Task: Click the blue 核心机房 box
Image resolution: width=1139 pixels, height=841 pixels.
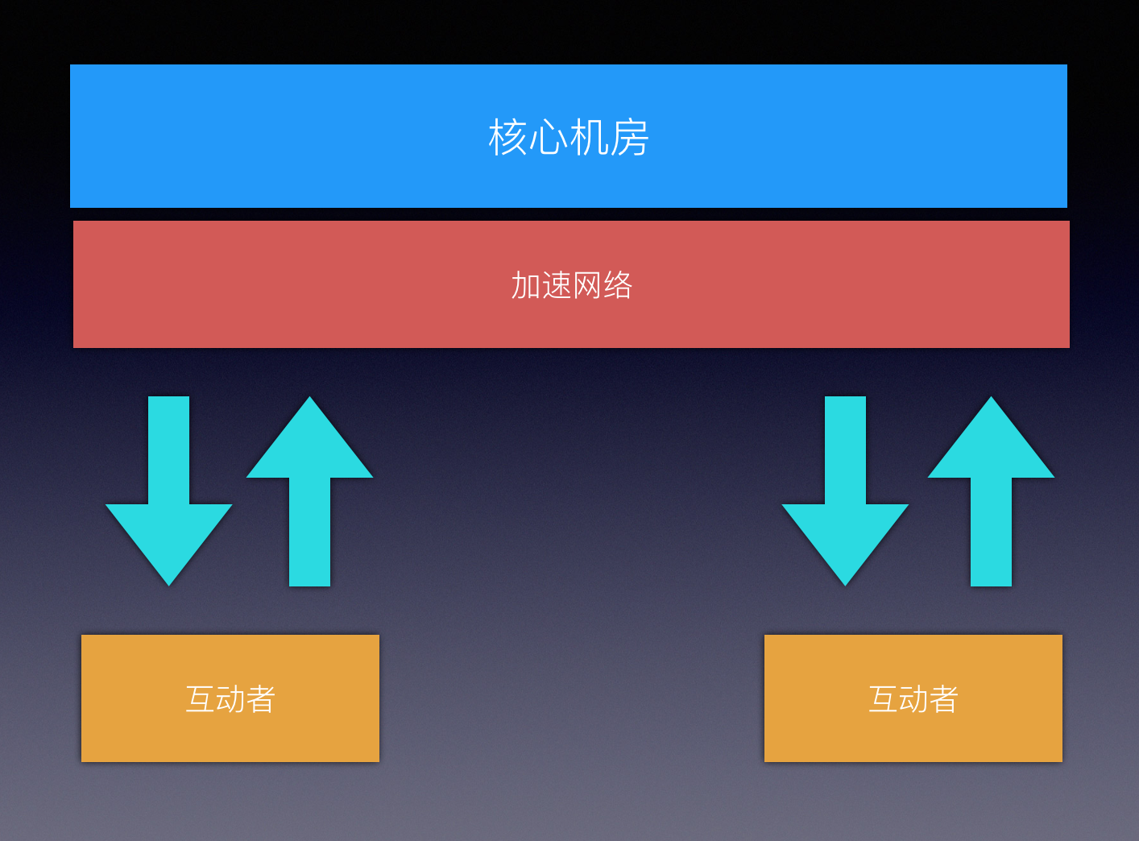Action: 322,136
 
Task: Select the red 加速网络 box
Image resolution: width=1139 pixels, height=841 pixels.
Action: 322,284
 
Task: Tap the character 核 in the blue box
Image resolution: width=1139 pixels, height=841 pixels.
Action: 507,138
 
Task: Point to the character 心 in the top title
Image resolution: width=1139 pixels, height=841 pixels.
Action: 549,138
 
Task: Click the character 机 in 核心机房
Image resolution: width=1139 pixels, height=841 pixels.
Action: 589,138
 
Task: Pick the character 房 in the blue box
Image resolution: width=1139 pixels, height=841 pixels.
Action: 630,138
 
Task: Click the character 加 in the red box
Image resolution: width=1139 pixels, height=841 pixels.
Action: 526,286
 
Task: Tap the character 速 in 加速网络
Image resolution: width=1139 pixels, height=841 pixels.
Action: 557,286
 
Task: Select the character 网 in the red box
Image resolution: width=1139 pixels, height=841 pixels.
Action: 587,286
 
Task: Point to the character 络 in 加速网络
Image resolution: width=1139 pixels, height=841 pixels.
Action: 618,286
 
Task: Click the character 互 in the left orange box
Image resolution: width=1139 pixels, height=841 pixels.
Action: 200,699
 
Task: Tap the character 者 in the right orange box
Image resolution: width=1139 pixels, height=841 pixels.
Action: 943,699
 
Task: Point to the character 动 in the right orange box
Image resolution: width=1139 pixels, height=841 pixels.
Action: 913,699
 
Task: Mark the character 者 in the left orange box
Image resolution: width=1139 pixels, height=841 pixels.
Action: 261,699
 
